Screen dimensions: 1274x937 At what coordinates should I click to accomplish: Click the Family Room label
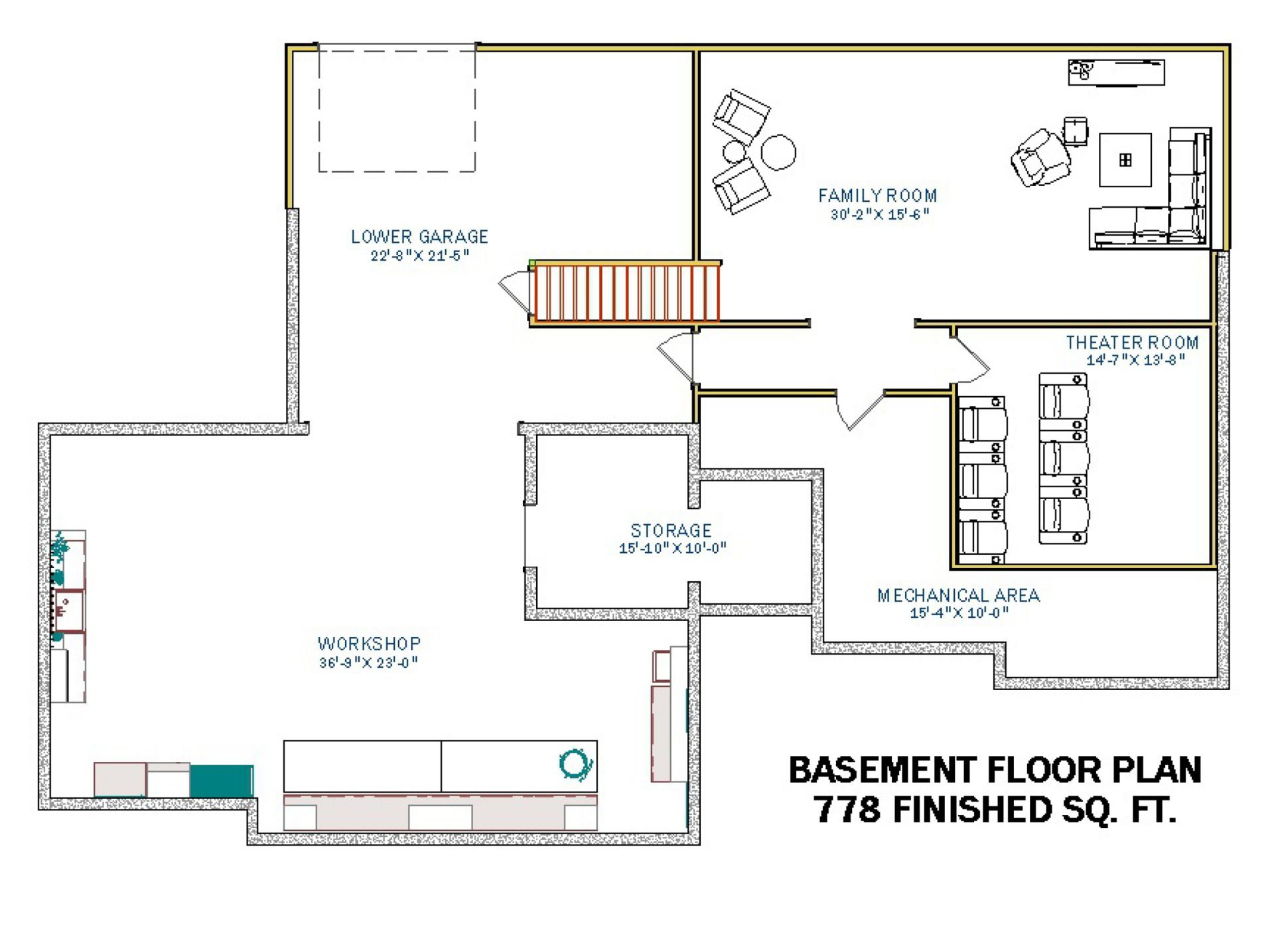[x=877, y=196]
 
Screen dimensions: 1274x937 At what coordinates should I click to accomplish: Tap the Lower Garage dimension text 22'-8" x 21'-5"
[x=420, y=255]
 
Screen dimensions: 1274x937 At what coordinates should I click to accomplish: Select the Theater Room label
[x=1132, y=342]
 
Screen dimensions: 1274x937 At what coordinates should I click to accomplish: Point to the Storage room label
[x=671, y=530]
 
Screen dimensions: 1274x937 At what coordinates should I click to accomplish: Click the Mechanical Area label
[x=958, y=595]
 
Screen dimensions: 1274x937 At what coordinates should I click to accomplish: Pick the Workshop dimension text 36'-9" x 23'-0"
[x=368, y=662]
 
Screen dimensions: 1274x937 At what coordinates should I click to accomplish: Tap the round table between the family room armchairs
[x=778, y=152]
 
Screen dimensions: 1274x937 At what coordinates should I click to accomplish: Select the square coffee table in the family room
[x=1125, y=160]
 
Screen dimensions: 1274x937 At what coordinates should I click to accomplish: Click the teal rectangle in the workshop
[x=222, y=780]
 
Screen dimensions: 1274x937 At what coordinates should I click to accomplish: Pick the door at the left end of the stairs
[x=515, y=292]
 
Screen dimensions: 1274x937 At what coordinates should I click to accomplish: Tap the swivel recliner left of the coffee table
[x=1040, y=157]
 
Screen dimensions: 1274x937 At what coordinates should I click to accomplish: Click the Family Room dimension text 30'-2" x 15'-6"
[x=880, y=214]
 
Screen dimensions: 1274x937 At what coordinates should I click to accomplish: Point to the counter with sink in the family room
[x=1116, y=72]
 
